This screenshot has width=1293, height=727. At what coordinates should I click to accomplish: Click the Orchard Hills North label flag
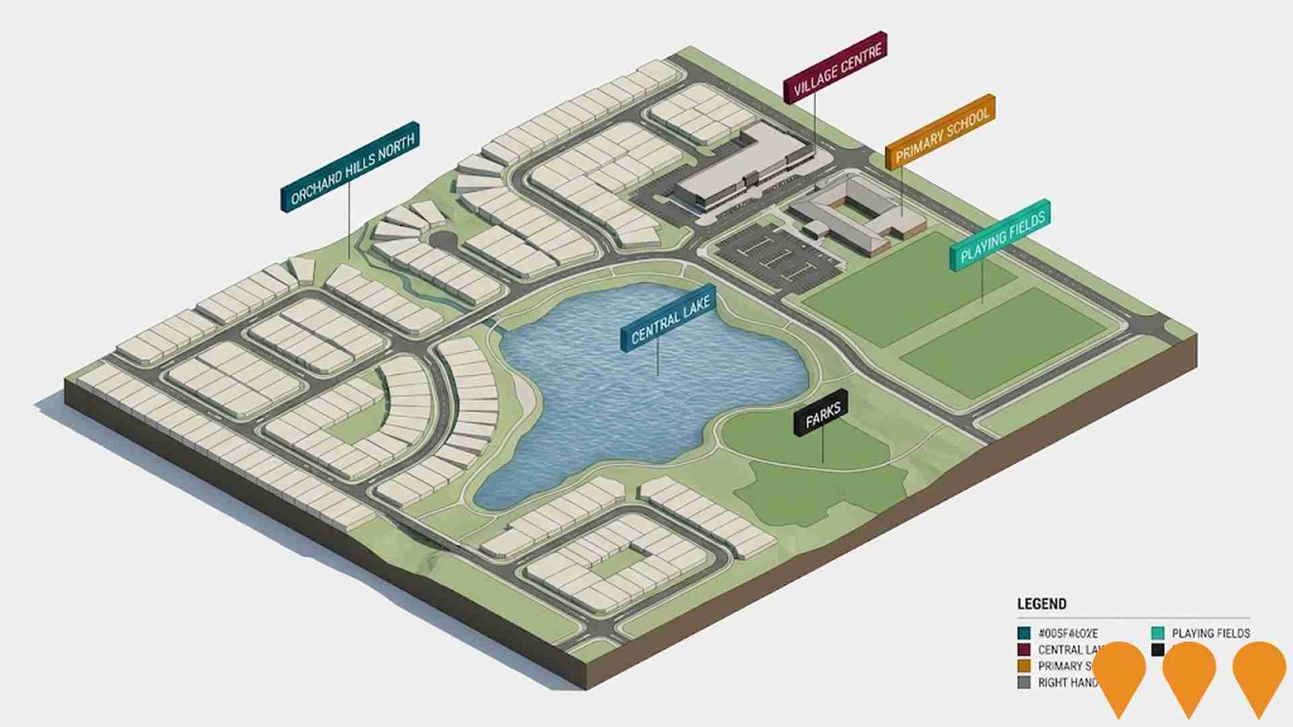click(x=350, y=167)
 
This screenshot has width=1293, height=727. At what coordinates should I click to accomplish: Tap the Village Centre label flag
click(x=835, y=67)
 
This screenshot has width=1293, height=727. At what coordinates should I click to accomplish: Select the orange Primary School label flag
click(x=941, y=132)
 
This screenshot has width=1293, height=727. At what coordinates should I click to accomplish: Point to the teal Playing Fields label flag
click(x=1000, y=235)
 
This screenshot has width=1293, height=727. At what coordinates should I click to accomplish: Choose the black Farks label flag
click(x=821, y=413)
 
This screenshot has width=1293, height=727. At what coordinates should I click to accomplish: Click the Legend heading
click(x=1041, y=604)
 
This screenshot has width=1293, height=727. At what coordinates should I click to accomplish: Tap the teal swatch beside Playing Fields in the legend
click(x=1158, y=633)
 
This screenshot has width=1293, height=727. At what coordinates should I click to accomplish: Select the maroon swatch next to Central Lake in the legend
click(x=1024, y=650)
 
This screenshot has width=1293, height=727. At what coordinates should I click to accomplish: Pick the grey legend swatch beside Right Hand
click(x=1024, y=683)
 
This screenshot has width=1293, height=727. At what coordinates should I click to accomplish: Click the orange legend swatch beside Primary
click(x=1024, y=666)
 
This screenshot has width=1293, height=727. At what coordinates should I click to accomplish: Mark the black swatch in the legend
click(x=1158, y=650)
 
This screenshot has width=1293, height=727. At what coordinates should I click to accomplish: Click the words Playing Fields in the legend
click(x=1211, y=633)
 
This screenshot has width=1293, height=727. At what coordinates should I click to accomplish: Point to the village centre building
click(x=741, y=168)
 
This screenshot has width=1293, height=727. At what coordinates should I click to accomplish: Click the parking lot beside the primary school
click(x=774, y=256)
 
